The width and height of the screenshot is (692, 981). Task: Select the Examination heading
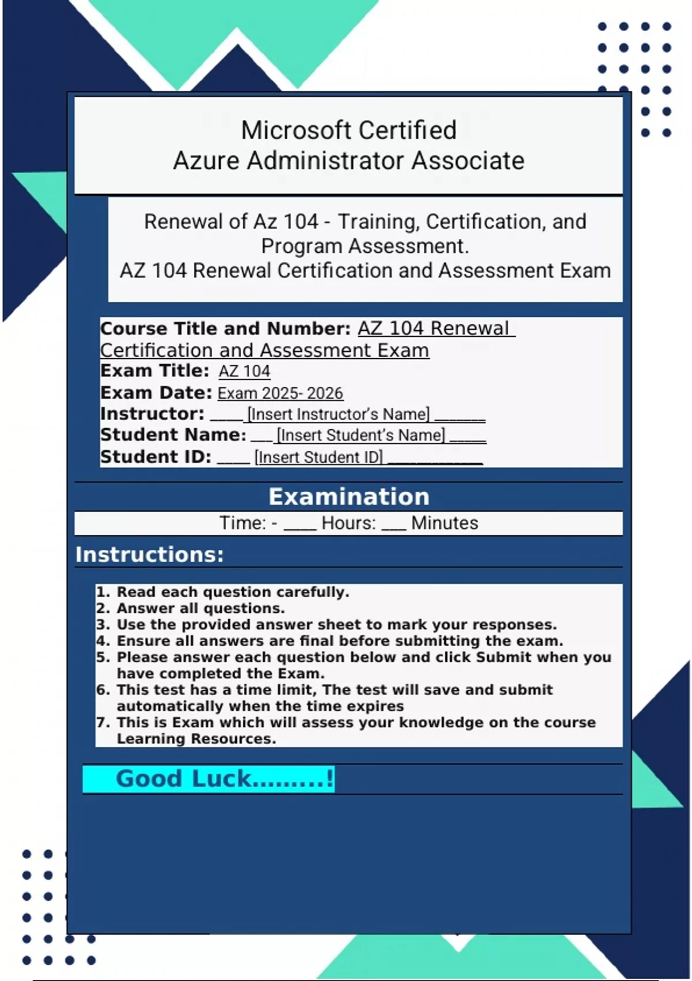(349, 497)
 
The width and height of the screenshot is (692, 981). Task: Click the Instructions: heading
(149, 555)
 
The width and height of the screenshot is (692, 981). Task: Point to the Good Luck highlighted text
(224, 779)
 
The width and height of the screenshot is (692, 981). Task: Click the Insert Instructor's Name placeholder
(339, 414)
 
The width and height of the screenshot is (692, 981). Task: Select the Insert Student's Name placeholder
(360, 435)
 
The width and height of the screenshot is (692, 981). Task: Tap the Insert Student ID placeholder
(318, 457)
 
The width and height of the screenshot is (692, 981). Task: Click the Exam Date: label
(156, 393)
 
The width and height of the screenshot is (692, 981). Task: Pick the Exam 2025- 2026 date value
(280, 394)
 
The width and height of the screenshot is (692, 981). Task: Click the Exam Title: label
(155, 371)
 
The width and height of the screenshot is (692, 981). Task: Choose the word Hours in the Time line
(348, 523)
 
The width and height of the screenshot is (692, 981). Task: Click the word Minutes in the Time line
(445, 523)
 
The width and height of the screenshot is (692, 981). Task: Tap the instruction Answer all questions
(201, 608)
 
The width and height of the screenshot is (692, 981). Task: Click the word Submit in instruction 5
(503, 657)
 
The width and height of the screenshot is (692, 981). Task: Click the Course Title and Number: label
(225, 328)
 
